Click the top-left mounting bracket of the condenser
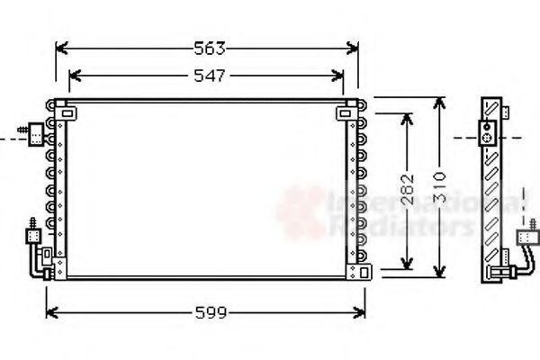[67, 113]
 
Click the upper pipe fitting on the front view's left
[36, 134]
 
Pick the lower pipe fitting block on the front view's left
[32, 237]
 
